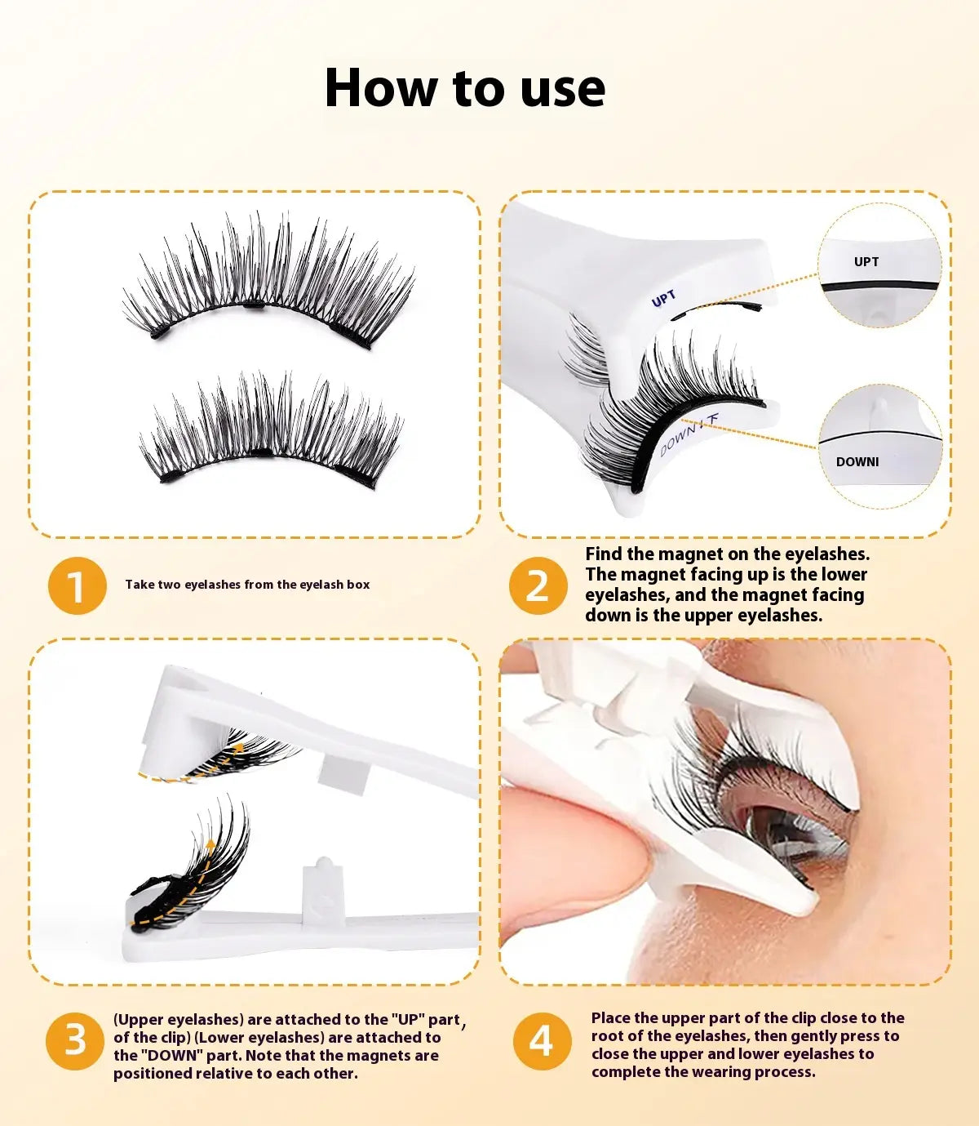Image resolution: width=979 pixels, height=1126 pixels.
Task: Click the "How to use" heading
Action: [x=465, y=88]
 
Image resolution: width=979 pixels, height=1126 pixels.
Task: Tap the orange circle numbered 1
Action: [x=77, y=585]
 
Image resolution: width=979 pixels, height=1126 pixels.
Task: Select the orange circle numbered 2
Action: [x=538, y=585]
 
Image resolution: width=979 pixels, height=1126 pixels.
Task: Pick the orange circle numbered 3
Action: [x=75, y=1041]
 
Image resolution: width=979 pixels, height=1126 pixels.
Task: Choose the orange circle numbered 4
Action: [x=542, y=1041]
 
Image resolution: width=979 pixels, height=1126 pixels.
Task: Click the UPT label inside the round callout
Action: [x=866, y=262]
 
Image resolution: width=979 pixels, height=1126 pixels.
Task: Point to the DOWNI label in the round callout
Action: [x=857, y=461]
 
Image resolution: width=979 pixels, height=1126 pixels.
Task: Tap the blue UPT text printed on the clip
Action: [x=663, y=299]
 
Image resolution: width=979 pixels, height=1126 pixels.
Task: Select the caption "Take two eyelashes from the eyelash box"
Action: [x=247, y=585]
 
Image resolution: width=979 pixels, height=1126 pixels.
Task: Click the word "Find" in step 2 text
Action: [x=602, y=554]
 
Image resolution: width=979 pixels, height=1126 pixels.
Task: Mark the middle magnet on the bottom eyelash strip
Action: [x=262, y=452]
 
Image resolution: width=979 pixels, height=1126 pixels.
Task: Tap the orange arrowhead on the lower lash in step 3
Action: [x=210, y=844]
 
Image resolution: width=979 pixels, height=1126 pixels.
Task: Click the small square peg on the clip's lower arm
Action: [x=323, y=889]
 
